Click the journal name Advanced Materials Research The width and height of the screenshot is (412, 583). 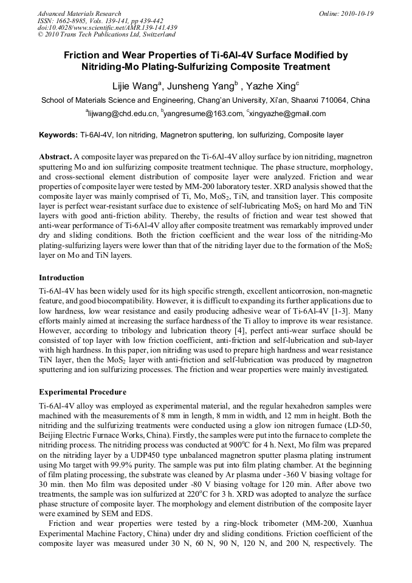79,13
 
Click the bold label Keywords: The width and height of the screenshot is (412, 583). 58,135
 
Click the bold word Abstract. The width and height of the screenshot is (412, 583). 56,156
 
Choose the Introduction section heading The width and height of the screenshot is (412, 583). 61,278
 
